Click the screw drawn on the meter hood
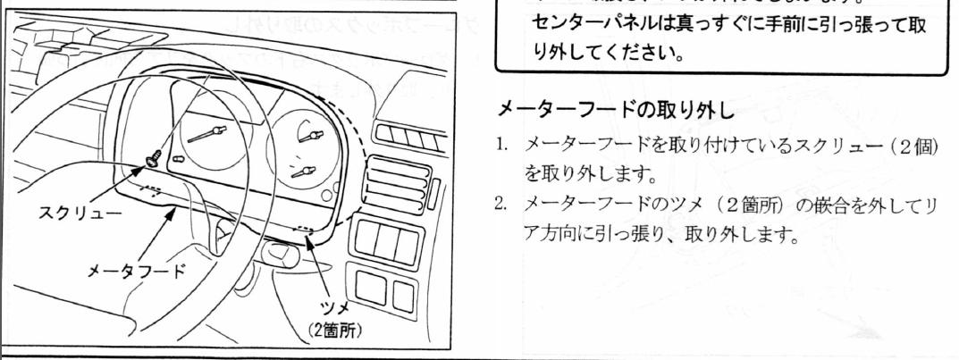click(153, 158)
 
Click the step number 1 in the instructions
click(501, 145)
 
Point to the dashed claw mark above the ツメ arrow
click(307, 229)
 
